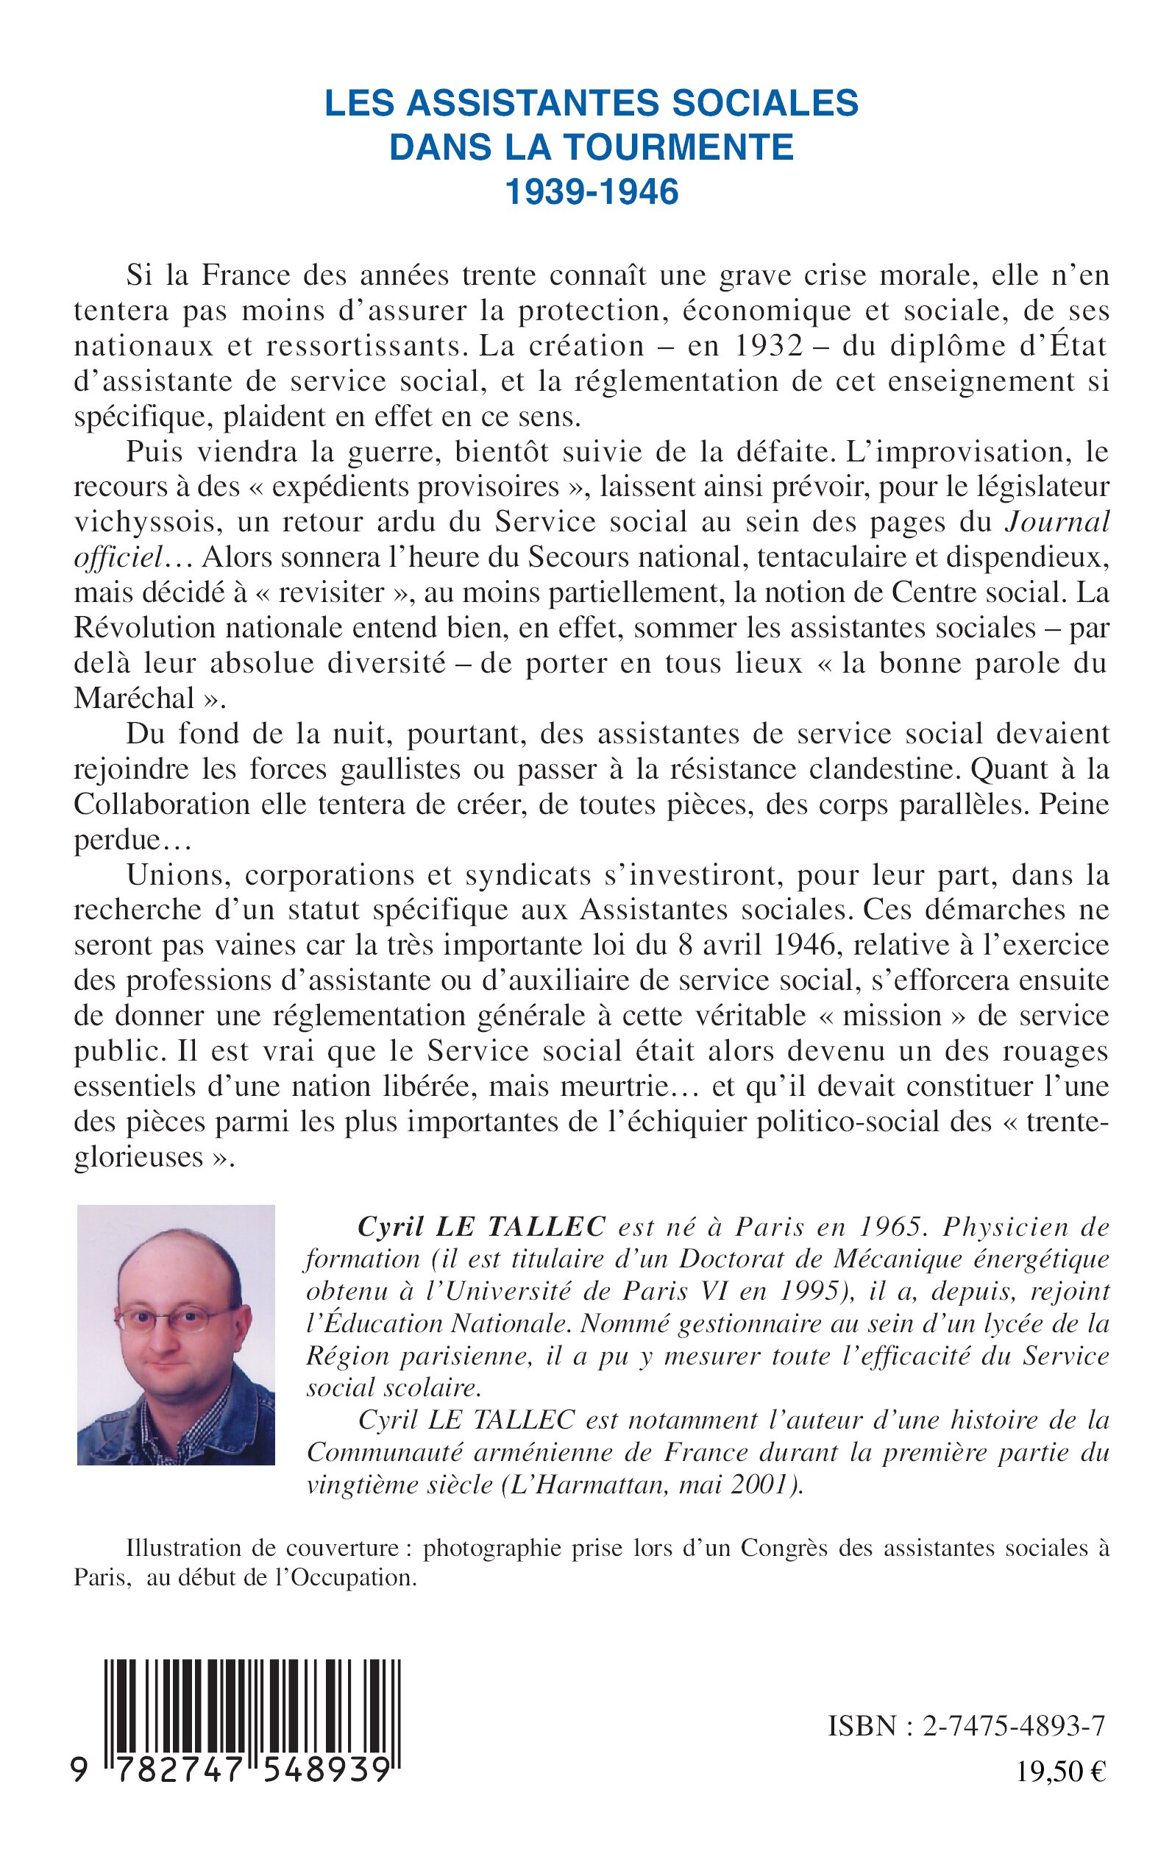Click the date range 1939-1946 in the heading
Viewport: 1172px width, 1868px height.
point(592,192)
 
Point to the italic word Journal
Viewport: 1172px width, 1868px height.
point(1057,522)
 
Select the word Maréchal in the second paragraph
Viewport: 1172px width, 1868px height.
point(134,698)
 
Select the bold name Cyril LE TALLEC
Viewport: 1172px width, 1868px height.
point(480,1227)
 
